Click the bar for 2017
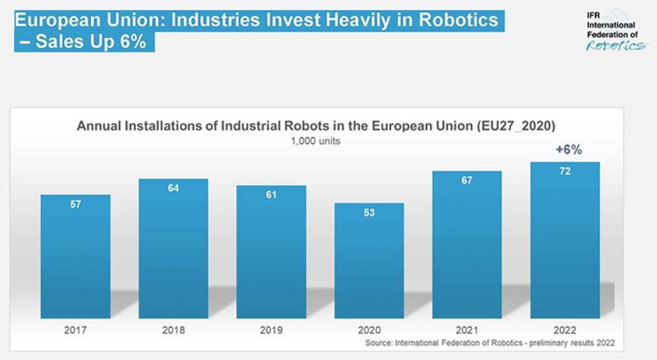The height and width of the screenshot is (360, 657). pos(75,258)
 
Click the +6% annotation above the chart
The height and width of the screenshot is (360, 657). pos(568,150)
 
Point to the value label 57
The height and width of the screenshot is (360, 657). pos(76,204)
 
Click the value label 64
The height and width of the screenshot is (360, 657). pos(173,188)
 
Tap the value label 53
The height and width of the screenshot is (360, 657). pos(369,212)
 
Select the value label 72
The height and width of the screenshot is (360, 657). pos(565,172)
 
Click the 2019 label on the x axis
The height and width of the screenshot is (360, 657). pos(271,330)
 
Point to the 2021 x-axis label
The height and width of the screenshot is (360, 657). pos(466,330)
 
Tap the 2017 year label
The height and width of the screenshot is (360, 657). pos(75,330)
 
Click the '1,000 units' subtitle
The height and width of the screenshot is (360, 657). pos(315,140)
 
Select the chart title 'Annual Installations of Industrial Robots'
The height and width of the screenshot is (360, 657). pos(315,126)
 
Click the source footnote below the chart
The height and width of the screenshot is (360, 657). pos(490,343)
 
